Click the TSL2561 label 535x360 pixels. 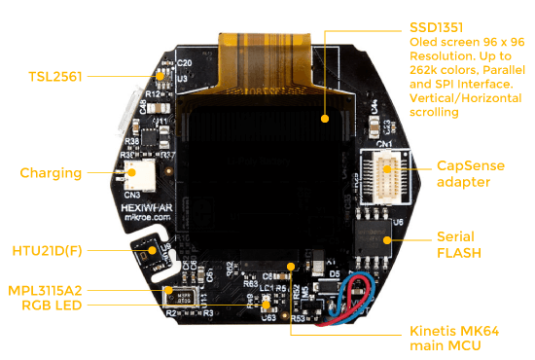[x=54, y=76]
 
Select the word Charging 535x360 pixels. [x=51, y=173]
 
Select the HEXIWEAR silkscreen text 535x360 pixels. [x=147, y=208]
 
